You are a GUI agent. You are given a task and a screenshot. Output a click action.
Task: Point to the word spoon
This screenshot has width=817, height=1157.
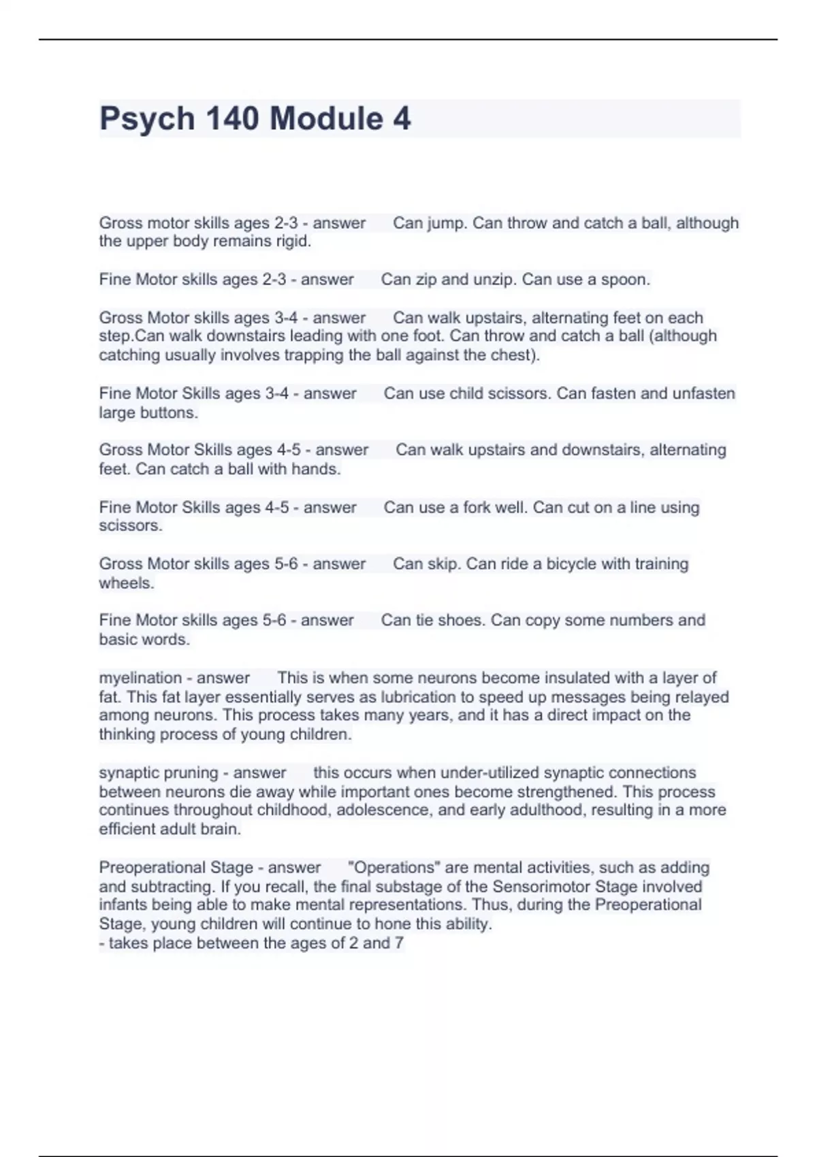coord(624,280)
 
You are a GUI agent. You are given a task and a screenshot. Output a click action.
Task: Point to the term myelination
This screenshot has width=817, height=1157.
coord(142,678)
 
